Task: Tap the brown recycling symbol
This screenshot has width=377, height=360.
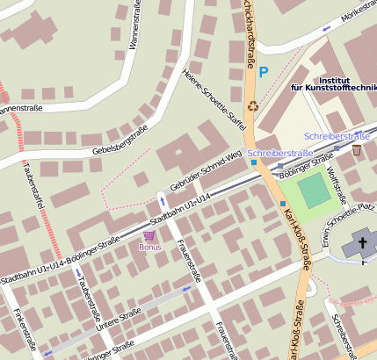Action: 253,107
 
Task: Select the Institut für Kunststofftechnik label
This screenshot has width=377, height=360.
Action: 333,83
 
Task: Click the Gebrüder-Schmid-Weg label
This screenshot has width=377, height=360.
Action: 206,169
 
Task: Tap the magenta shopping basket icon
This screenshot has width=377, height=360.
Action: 149,235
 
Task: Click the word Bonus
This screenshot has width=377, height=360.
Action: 150,248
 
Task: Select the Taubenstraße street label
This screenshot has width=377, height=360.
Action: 88,303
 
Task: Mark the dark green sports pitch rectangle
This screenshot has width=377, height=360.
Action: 311,191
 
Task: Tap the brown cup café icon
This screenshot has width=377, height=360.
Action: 356,150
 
